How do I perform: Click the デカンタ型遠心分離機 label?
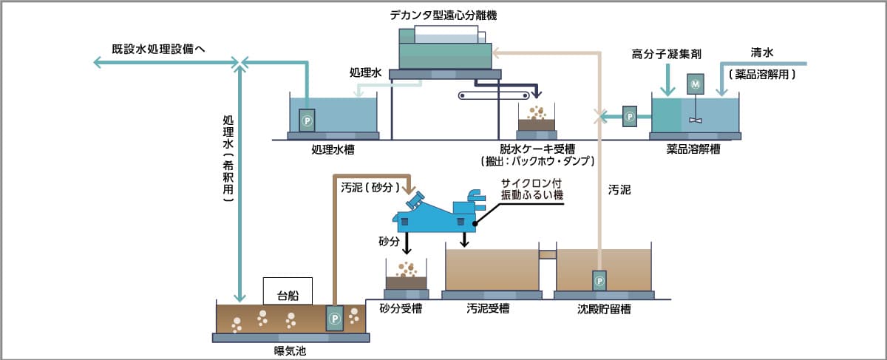[x=443, y=15]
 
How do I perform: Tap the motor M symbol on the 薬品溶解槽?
[x=694, y=85]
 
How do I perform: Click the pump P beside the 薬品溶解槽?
[x=629, y=117]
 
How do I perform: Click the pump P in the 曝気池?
[x=334, y=319]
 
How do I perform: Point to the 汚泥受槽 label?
[x=489, y=308]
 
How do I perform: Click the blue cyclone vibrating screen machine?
[x=436, y=214]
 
